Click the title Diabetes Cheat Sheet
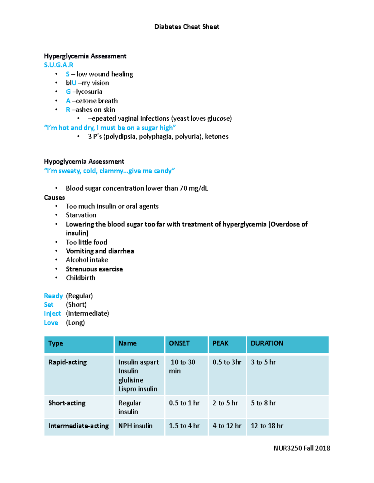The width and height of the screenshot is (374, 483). tap(187, 27)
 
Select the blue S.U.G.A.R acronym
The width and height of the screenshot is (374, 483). tap(59, 65)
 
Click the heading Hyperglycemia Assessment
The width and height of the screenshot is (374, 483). tap(85, 56)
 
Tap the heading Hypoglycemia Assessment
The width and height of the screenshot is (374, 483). tap(84, 161)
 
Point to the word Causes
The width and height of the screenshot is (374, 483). tap(54, 197)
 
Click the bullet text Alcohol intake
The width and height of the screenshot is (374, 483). tap(87, 260)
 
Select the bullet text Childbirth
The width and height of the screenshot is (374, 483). tap(80, 278)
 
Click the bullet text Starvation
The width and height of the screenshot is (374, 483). tap(81, 215)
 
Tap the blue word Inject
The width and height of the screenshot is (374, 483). tap(52, 313)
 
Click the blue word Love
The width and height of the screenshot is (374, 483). tap(51, 323)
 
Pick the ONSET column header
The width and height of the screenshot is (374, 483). tap(179, 343)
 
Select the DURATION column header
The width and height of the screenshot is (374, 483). tap(267, 343)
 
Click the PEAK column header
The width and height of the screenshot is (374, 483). tap(220, 343)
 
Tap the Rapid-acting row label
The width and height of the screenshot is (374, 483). tap(68, 362)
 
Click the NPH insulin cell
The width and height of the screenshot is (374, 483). tap(135, 426)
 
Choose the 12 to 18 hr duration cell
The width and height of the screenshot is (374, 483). tap(267, 426)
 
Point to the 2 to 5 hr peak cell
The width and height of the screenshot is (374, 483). tap(225, 403)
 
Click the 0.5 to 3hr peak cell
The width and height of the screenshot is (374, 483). tap(227, 362)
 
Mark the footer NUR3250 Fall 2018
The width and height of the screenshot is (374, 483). tap(302, 448)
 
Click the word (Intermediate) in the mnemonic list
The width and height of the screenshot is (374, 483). tap(88, 313)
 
